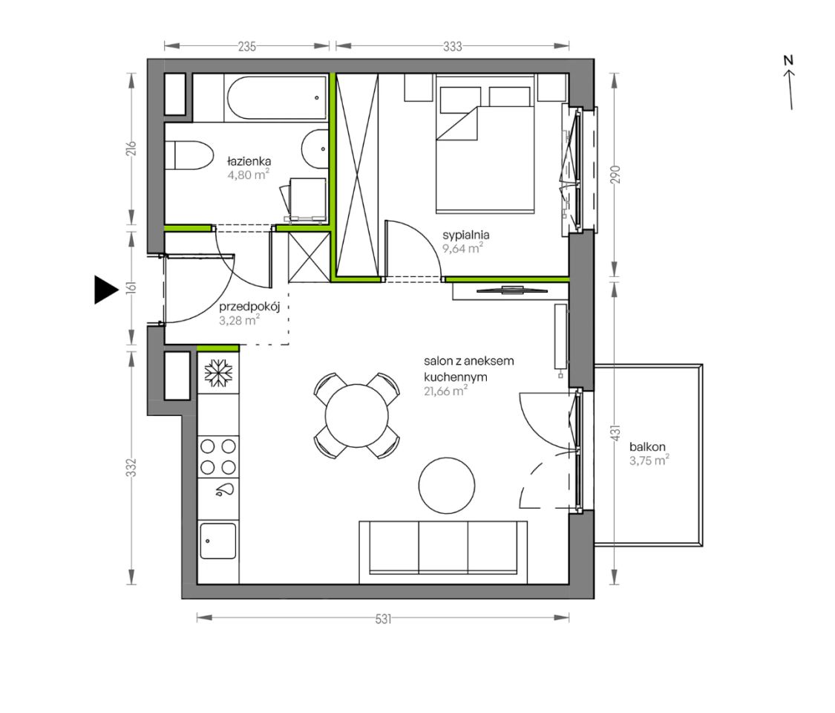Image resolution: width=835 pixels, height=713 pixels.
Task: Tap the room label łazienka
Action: [249, 161]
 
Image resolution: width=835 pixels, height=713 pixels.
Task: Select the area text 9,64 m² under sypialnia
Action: [462, 248]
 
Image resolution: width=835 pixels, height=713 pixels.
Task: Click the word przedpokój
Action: [249, 307]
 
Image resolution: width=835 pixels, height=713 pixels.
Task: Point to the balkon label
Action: [647, 447]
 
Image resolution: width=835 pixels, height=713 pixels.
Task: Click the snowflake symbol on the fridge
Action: [219, 372]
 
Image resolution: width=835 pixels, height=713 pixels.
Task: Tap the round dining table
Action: [357, 416]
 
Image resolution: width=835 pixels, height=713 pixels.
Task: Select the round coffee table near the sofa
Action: [446, 486]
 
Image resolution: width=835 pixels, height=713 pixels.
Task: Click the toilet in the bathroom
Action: [189, 155]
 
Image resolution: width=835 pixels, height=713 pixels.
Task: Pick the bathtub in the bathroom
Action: [276, 97]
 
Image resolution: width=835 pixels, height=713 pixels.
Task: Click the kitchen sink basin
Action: [217, 541]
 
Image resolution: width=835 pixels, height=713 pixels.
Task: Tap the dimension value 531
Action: [383, 619]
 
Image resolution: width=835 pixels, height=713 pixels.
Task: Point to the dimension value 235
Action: [247, 47]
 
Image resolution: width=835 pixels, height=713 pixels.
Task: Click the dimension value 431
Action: [615, 433]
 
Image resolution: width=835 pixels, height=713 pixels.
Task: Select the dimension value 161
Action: [131, 287]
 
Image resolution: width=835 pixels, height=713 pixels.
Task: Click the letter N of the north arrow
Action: [788, 60]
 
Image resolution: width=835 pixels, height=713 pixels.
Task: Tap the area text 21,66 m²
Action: [446, 391]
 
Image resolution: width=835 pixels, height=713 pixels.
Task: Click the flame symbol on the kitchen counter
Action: [225, 490]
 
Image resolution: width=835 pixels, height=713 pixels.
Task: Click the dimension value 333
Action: [453, 47]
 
